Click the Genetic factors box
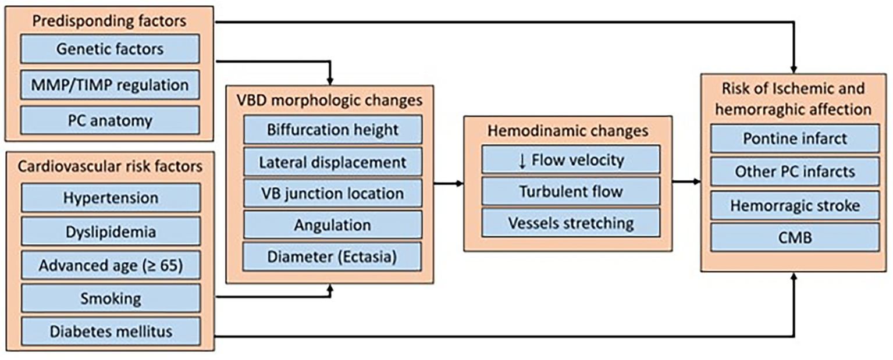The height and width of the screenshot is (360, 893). pyautogui.click(x=110, y=49)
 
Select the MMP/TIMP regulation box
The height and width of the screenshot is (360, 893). pyautogui.click(x=110, y=85)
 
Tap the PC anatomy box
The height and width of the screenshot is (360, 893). pyautogui.click(x=110, y=121)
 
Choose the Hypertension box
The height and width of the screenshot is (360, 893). pyautogui.click(x=110, y=198)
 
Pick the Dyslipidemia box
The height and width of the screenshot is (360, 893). pyautogui.click(x=110, y=232)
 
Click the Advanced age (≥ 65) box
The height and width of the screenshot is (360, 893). pyautogui.click(x=110, y=266)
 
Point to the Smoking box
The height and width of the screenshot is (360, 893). pyautogui.click(x=110, y=299)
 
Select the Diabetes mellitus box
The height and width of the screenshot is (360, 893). pyautogui.click(x=110, y=332)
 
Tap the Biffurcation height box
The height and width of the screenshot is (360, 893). pyautogui.click(x=332, y=130)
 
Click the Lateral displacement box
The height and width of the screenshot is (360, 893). pyautogui.click(x=332, y=162)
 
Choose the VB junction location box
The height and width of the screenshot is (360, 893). pyautogui.click(x=332, y=193)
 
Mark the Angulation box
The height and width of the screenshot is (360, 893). pyautogui.click(x=332, y=225)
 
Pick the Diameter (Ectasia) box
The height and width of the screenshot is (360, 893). pyautogui.click(x=332, y=257)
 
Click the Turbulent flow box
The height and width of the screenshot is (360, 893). pyautogui.click(x=571, y=191)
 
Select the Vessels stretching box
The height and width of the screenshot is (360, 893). pyautogui.click(x=571, y=223)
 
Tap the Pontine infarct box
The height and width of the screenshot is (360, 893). pyautogui.click(x=795, y=139)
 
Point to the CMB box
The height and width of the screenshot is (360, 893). pyautogui.click(x=795, y=237)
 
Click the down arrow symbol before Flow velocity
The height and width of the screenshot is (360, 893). pyautogui.click(x=521, y=160)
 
